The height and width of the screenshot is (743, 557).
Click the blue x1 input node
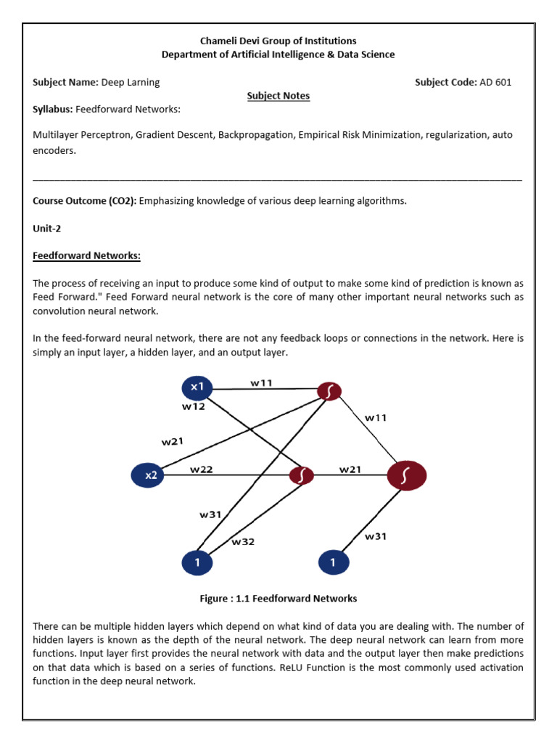pyautogui.click(x=197, y=387)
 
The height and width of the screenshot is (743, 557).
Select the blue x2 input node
pyautogui.click(x=148, y=475)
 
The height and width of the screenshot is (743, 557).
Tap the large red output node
pyautogui.click(x=407, y=475)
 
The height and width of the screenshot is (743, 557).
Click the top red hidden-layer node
pyautogui.click(x=329, y=392)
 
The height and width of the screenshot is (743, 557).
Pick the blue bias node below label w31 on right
pyautogui.click(x=333, y=562)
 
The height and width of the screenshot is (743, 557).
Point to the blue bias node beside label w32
pyautogui.click(x=197, y=562)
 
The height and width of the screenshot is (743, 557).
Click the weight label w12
pyautogui.click(x=193, y=407)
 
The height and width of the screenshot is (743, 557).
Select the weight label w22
pyautogui.click(x=202, y=469)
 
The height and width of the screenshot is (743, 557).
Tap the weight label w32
pyautogui.click(x=243, y=541)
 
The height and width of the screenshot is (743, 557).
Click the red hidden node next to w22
pyautogui.click(x=301, y=475)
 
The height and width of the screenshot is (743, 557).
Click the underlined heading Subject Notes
pyautogui.click(x=278, y=95)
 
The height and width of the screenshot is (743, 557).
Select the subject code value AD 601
pyautogui.click(x=495, y=82)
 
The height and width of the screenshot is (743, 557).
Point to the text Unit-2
pyautogui.click(x=47, y=228)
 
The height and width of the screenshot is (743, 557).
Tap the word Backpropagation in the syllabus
pyautogui.click(x=250, y=134)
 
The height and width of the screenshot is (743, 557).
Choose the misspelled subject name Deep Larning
pyautogui.click(x=131, y=82)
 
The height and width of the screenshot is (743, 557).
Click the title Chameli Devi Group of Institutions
pyautogui.click(x=278, y=41)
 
